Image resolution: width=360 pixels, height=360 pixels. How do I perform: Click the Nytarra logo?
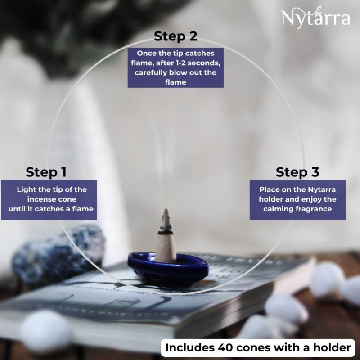tap(315, 18)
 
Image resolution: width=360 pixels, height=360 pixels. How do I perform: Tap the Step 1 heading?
tap(46, 172)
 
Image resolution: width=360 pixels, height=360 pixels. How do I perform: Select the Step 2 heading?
tap(175, 36)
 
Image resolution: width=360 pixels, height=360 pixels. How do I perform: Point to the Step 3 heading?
tap(297, 172)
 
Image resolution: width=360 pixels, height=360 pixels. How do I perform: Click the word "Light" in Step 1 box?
tap(27, 189)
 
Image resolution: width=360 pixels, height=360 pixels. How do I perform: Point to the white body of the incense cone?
tap(166, 245)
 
